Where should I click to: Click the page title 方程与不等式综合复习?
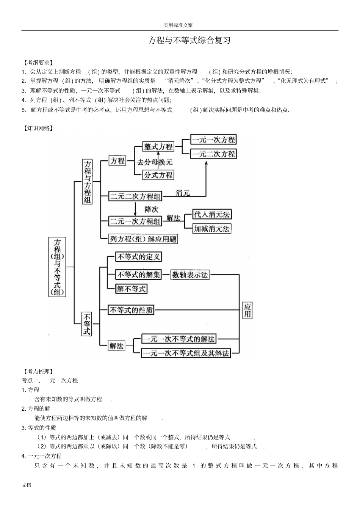point(189,41)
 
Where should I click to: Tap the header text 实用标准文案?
point(178,25)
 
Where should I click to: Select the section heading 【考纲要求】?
point(38,63)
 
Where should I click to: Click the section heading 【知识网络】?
point(38,128)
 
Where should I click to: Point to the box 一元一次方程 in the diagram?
point(213,140)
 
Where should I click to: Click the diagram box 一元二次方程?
point(213,154)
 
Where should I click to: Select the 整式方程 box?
point(158,146)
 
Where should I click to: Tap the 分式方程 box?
point(158,175)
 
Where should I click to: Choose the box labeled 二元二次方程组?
point(135,196)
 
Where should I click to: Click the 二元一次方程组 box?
point(135,221)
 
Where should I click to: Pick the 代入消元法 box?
point(212,214)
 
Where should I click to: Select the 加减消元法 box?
point(212,229)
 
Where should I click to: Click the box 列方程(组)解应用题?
point(143,239)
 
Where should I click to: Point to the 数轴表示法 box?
point(190,275)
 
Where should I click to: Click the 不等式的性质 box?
point(131,310)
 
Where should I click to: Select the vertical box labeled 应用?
point(247,311)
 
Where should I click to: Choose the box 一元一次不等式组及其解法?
point(186,353)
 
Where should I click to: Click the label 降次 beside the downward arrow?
point(151,209)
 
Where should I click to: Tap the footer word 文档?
point(27,485)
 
